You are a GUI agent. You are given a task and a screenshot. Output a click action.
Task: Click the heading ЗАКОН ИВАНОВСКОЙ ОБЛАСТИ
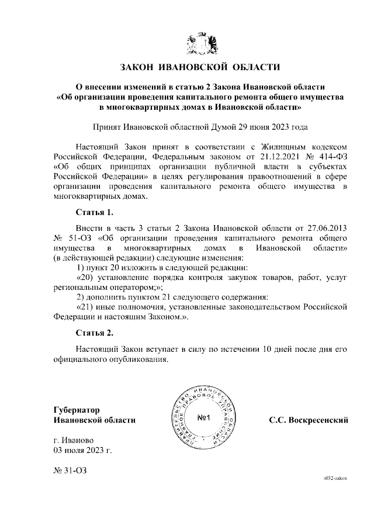tap(200, 68)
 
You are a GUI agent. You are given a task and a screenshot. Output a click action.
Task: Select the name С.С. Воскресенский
tap(308, 420)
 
